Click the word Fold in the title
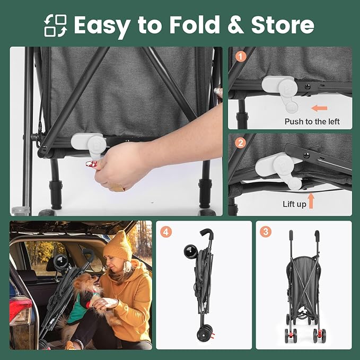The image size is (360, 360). (x=195, y=24)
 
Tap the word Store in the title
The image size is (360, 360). (x=283, y=24)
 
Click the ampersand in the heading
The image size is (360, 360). (x=235, y=25)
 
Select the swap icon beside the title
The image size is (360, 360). (x=56, y=25)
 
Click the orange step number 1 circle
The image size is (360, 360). (x=241, y=57)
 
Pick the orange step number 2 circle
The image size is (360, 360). (x=240, y=143)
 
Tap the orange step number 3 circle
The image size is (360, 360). (x=266, y=232)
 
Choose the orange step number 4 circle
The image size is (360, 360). (x=166, y=232)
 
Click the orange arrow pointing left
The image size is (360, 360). (x=319, y=108)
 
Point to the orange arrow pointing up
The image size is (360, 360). (x=311, y=201)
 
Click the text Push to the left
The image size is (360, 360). (x=312, y=121)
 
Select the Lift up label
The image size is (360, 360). (x=294, y=204)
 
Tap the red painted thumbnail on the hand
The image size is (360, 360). (x=91, y=164)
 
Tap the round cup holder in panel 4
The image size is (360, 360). (x=190, y=252)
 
